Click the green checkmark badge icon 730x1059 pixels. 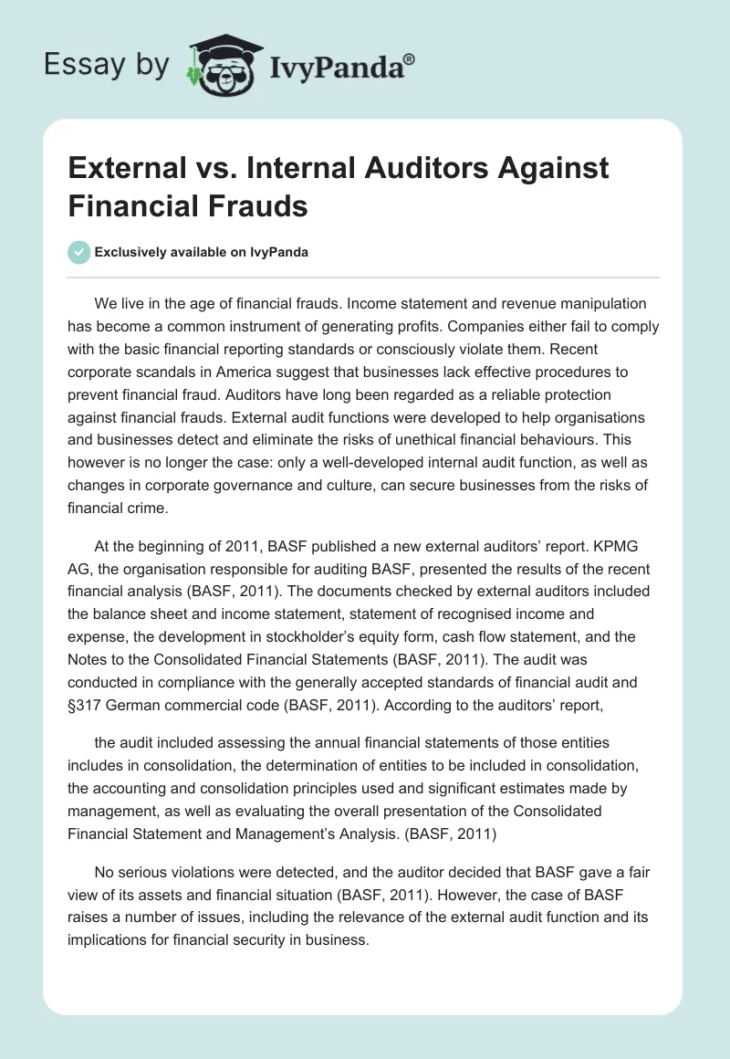(x=79, y=252)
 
